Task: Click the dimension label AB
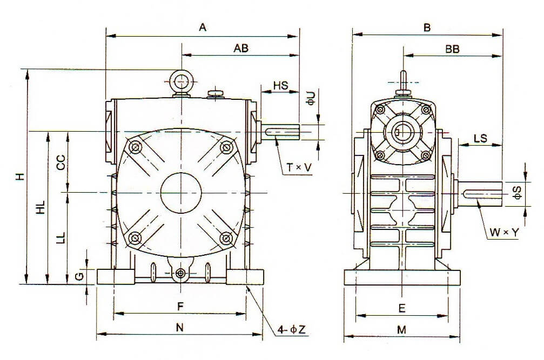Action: [240, 48]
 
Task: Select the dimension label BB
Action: [452, 49]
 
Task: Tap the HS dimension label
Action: [280, 86]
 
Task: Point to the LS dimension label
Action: [480, 138]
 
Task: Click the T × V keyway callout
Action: [299, 168]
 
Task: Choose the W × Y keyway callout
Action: [504, 232]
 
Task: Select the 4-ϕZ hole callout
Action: [292, 328]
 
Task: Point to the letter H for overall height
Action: [19, 176]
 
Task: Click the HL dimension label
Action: [41, 207]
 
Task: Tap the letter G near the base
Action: [79, 276]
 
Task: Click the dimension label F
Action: [180, 306]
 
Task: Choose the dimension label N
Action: [180, 327]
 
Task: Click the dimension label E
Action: [401, 309]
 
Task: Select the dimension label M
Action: [401, 329]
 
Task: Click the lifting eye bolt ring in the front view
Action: [182, 81]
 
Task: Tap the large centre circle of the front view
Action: [182, 192]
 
